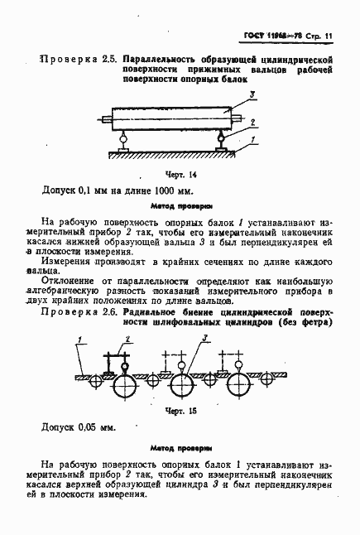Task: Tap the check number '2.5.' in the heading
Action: [x=104, y=61]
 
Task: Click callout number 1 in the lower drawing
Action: [x=79, y=338]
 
